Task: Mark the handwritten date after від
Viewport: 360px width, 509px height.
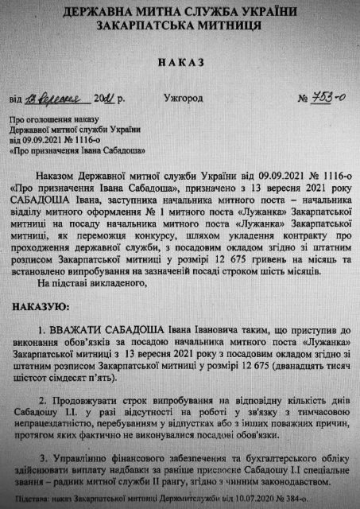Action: coord(64,99)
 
